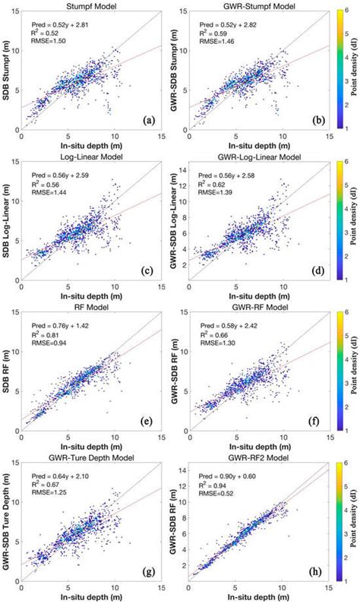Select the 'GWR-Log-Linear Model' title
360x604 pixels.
[x=259, y=157]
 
